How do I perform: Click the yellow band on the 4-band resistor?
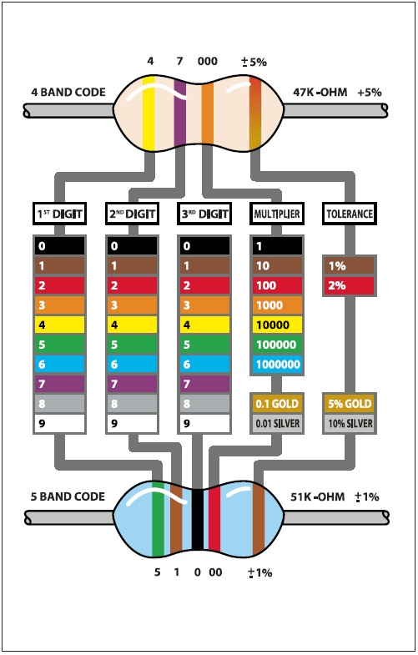[149, 113]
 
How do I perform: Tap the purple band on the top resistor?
[180, 113]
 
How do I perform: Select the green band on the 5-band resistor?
[158, 519]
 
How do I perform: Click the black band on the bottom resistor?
[198, 519]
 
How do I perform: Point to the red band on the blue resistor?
[214, 519]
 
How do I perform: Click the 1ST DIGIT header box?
[60, 214]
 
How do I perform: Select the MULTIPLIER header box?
[277, 214]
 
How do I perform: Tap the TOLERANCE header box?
[350, 214]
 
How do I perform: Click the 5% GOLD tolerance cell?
[350, 404]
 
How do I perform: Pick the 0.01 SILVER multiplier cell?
[277, 423]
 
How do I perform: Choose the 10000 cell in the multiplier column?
[277, 325]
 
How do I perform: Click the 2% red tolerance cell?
[350, 285]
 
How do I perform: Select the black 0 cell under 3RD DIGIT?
[204, 246]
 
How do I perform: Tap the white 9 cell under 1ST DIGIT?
[60, 423]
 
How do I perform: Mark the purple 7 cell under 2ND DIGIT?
[133, 384]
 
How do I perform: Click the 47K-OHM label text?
[320, 93]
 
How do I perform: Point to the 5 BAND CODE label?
[68, 496]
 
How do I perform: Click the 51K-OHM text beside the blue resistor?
[318, 496]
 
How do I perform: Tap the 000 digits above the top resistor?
[208, 62]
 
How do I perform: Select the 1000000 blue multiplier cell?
[277, 365]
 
